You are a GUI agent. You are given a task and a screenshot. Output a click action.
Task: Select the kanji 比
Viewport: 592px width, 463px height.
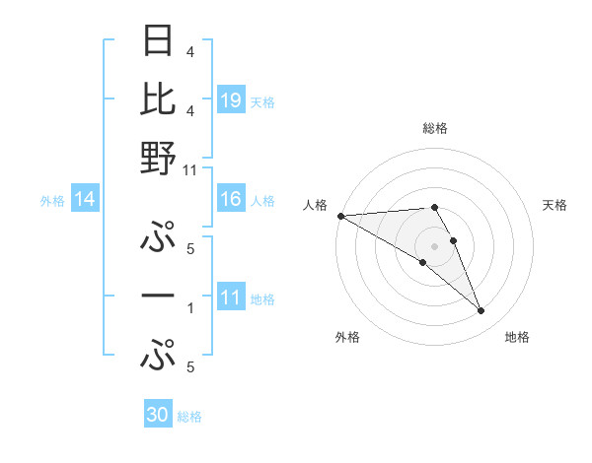click(x=158, y=100)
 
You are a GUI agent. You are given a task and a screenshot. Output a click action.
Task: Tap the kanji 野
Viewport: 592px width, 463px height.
click(x=158, y=158)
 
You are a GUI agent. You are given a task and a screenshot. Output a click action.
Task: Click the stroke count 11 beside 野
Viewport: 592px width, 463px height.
click(x=190, y=169)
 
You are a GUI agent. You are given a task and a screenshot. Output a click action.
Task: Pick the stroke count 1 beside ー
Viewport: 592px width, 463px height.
click(x=190, y=308)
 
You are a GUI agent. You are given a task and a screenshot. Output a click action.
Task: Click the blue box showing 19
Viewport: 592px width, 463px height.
click(x=231, y=99)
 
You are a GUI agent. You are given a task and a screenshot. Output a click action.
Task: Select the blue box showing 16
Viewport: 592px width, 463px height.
click(x=231, y=200)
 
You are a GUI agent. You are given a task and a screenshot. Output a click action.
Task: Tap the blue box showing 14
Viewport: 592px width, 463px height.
click(x=85, y=200)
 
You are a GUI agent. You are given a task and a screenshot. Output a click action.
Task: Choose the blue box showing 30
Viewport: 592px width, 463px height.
click(x=158, y=415)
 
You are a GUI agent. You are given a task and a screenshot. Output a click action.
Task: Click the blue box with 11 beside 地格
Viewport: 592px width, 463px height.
click(x=231, y=298)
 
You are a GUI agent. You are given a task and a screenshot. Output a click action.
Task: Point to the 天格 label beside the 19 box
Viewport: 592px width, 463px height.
click(x=262, y=101)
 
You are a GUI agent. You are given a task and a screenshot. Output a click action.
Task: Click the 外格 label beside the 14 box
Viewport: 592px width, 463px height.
click(x=52, y=201)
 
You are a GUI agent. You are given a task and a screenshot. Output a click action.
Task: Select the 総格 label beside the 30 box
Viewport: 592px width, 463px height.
click(x=189, y=417)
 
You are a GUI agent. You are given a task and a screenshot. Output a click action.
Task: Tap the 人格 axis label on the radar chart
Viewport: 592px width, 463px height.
click(x=315, y=205)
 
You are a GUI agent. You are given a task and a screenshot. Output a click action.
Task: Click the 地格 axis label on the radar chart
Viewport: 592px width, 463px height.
click(x=518, y=337)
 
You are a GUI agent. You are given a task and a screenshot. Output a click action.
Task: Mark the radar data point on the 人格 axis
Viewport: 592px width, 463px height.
click(x=340, y=216)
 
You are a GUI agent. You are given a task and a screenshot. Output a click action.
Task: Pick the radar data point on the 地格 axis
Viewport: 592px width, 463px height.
click(x=481, y=311)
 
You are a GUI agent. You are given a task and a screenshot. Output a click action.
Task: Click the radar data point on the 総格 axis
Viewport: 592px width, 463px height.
click(x=434, y=207)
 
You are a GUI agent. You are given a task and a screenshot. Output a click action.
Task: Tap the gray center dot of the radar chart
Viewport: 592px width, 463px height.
click(x=434, y=245)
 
